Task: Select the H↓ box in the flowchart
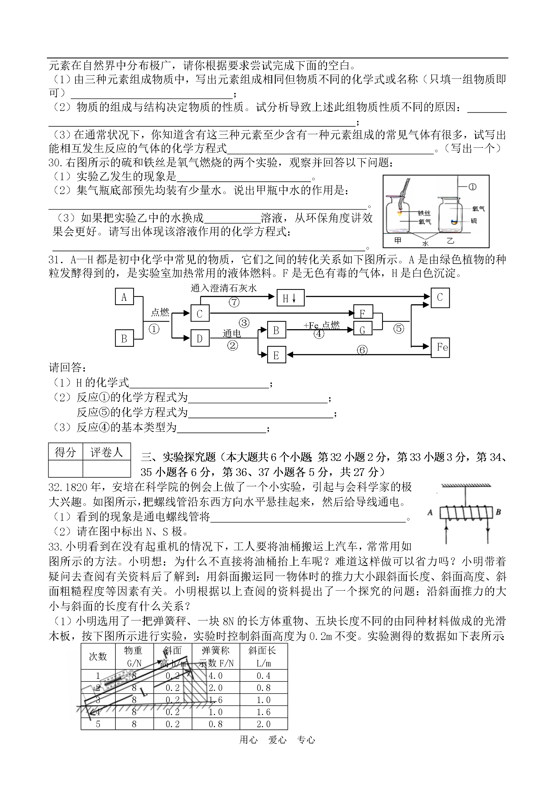tap(290, 298)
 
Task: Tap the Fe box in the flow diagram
tap(440, 347)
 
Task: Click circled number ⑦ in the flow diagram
tap(234, 302)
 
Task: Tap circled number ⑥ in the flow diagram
tap(362, 350)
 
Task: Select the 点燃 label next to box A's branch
tap(160, 312)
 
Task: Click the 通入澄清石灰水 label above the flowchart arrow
tap(224, 288)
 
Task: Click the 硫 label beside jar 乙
tap(474, 221)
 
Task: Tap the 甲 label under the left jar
tap(398, 240)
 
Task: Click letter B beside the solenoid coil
tap(498, 512)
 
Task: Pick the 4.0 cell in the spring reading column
tap(216, 676)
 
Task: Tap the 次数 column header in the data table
tap(98, 656)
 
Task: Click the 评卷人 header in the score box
tap(107, 452)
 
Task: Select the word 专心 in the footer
tap(306, 740)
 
